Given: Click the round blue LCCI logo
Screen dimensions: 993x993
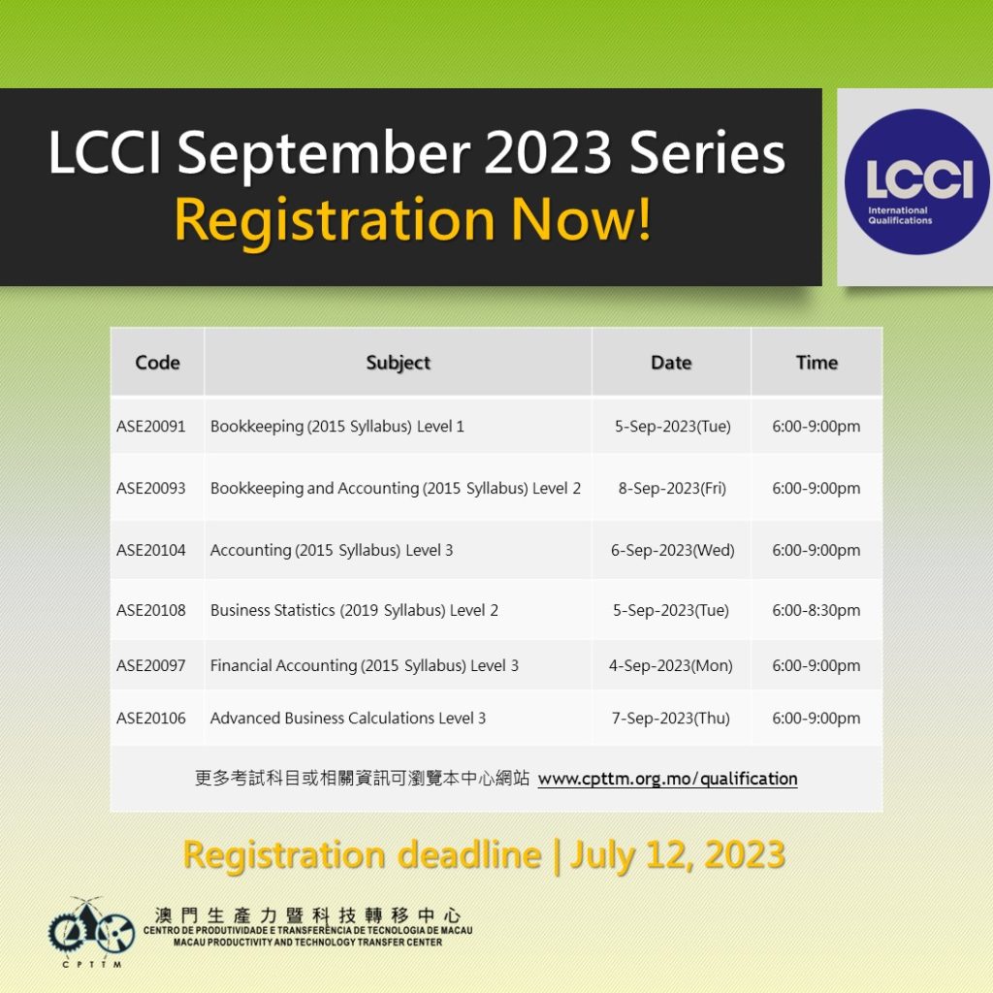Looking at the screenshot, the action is pyautogui.click(x=917, y=182).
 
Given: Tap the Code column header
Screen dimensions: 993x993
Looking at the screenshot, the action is pyautogui.click(x=158, y=363).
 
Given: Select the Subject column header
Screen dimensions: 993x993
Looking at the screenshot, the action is pyautogui.click(x=399, y=363).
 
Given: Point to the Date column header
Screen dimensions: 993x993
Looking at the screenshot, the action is pyautogui.click(x=671, y=363).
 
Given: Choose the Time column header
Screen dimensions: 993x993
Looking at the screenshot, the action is pyautogui.click(x=817, y=363).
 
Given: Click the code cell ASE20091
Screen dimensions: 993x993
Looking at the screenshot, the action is pyautogui.click(x=150, y=427).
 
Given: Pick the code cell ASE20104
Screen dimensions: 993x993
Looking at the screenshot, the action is pyautogui.click(x=150, y=550).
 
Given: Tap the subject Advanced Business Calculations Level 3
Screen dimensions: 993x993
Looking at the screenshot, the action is pyautogui.click(x=348, y=719).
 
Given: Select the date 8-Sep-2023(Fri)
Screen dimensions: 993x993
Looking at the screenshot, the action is pyautogui.click(x=672, y=489).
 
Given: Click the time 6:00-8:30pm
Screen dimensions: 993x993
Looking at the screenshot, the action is pyautogui.click(x=817, y=611).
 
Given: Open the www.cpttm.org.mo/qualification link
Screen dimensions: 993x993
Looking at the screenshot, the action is pyautogui.click(x=667, y=779).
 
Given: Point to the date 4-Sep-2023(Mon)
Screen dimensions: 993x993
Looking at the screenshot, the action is pyautogui.click(x=671, y=665).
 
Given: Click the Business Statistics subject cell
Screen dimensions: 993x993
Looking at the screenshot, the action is pyautogui.click(x=354, y=611).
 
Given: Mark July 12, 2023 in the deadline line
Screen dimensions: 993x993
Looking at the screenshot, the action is pyautogui.click(x=678, y=855).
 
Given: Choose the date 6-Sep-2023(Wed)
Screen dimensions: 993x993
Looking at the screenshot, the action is pyautogui.click(x=673, y=550).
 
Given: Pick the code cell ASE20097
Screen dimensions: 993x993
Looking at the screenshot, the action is pyautogui.click(x=150, y=665).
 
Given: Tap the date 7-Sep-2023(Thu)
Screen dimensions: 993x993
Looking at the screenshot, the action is pyautogui.click(x=671, y=719).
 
